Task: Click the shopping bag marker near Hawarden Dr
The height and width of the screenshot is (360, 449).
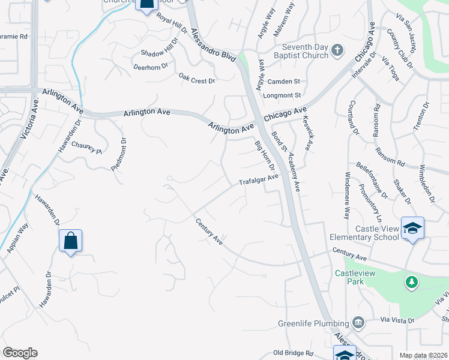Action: click(70, 241)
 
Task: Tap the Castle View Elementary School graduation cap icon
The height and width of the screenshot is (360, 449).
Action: click(412, 228)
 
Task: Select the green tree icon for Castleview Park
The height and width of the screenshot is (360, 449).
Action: click(411, 281)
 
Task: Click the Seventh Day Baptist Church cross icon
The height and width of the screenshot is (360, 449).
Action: click(337, 50)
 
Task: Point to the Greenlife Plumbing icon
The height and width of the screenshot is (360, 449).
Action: click(358, 323)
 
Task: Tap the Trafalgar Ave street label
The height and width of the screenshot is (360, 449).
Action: click(259, 179)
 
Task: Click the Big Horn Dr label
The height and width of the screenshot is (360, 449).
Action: click(264, 155)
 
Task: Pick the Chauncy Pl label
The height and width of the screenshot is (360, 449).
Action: click(87, 147)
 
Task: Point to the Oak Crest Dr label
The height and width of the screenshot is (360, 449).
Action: click(196, 79)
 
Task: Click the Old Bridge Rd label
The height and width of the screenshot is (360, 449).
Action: click(293, 353)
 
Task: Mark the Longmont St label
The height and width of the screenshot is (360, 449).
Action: click(282, 95)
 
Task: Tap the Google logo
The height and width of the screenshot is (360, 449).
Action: click(20, 352)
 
